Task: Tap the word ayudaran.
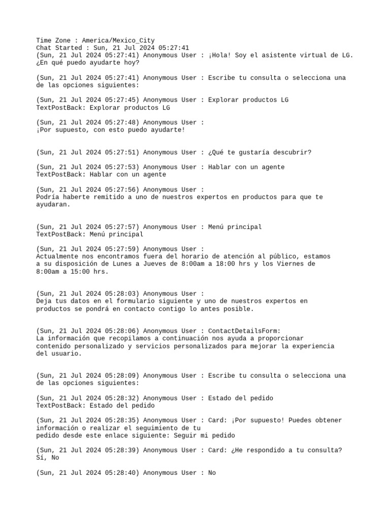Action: point(53,205)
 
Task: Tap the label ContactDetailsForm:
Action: point(244,331)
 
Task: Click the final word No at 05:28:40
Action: point(212,473)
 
